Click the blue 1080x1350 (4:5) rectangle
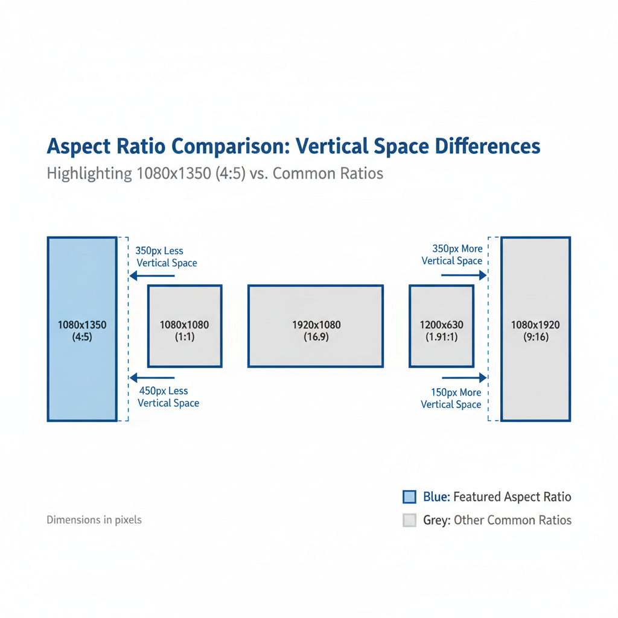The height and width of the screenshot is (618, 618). [x=82, y=329]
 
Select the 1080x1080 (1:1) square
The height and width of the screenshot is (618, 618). [x=185, y=326]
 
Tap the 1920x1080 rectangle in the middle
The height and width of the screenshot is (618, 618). [x=316, y=326]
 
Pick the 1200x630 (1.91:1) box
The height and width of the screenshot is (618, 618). [x=441, y=326]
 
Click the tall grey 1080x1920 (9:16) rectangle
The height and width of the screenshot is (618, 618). [x=536, y=329]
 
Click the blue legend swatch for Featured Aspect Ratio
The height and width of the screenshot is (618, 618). [x=410, y=497]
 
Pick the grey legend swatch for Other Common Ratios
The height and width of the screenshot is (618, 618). [x=410, y=520]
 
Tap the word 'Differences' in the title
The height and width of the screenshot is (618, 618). [x=488, y=146]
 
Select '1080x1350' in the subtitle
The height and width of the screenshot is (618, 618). [x=174, y=173]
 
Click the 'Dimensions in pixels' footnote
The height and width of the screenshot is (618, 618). [x=94, y=520]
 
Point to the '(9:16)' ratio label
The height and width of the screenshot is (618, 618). [x=536, y=337]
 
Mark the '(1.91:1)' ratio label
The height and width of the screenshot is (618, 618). [x=441, y=337]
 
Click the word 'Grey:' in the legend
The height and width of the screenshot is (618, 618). [x=437, y=520]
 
